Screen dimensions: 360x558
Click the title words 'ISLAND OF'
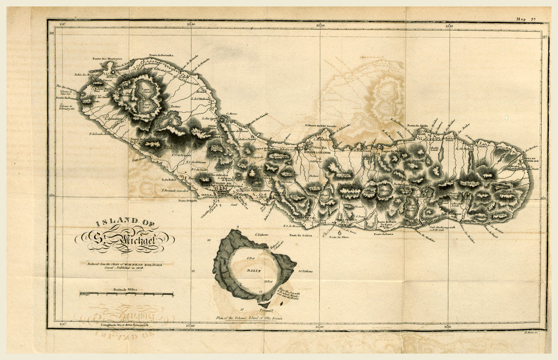pos(125,222)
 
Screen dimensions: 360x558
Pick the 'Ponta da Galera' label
pos(300,235)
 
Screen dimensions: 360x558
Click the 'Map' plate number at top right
pos(526,19)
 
